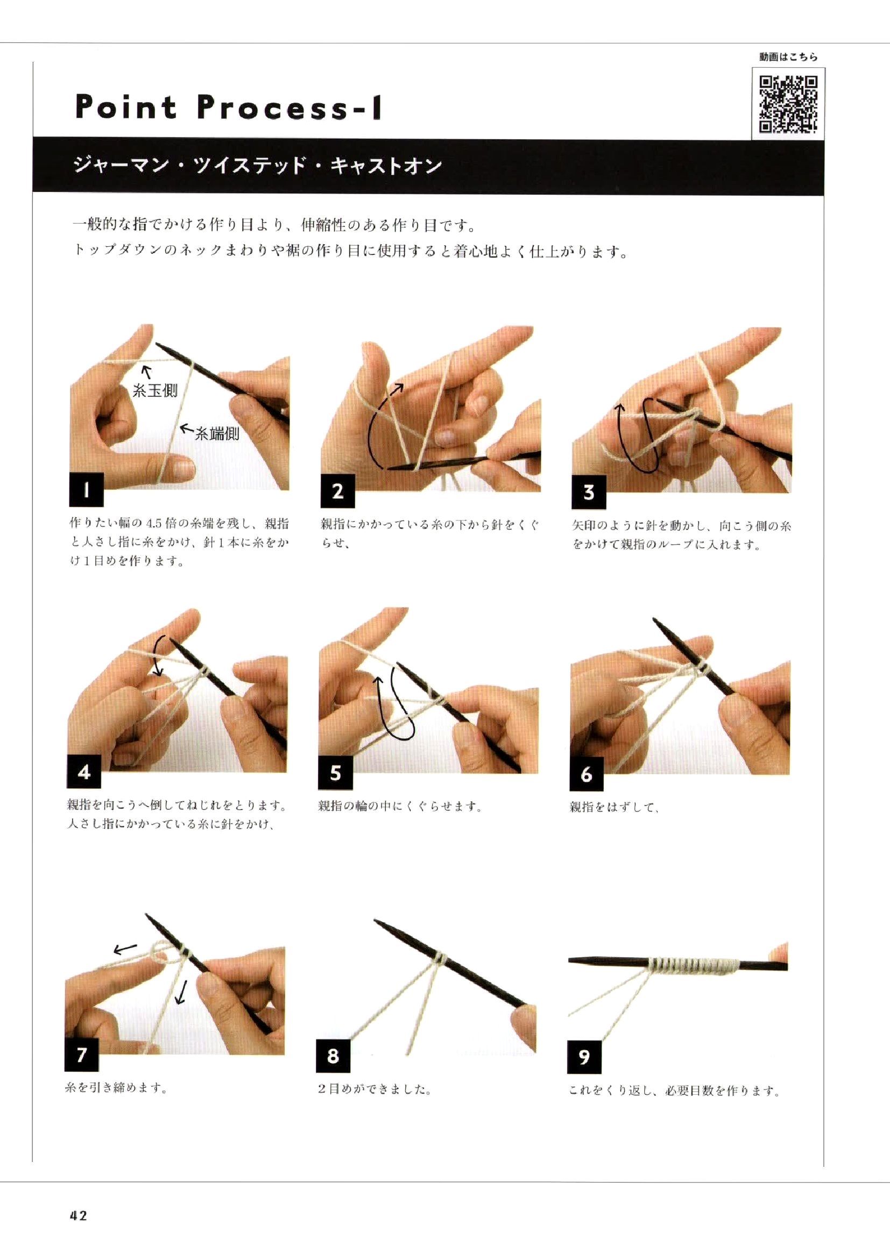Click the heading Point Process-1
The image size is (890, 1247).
tap(228, 106)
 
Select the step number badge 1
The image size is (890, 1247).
tap(87, 489)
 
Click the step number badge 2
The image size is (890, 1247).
tap(337, 491)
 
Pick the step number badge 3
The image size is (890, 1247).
tap(589, 492)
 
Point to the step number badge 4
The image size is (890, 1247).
tap(84, 772)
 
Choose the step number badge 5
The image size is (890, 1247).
tap(335, 773)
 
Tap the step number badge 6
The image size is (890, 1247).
tap(587, 774)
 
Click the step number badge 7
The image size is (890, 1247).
tap(82, 1054)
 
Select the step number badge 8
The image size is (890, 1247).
tap(333, 1056)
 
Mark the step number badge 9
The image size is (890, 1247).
tap(584, 1057)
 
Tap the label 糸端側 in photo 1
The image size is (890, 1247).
tap(217, 434)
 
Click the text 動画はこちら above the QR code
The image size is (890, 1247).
tap(789, 56)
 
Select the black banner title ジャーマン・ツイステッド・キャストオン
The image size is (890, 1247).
tap(258, 165)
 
